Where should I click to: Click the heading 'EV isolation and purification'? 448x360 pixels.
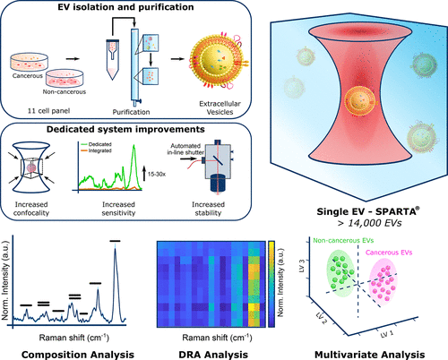pos(125,7)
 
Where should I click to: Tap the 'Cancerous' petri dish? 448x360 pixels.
pos(29,63)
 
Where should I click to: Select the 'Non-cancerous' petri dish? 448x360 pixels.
pos(65,78)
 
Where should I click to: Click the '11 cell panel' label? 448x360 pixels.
pos(48,111)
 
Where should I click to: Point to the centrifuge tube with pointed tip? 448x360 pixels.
pos(113,60)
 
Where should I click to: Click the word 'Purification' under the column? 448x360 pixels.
pos(131,112)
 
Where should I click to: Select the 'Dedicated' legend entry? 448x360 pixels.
pos(96,144)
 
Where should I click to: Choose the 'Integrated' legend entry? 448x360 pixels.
pos(96,150)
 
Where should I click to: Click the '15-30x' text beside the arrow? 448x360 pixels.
pos(157,174)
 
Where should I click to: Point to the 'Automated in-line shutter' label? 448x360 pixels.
pos(185,149)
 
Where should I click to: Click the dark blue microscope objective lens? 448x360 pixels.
pos(219,183)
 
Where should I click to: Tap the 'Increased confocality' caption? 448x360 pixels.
pos(31,209)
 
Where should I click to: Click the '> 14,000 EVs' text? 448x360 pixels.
pos(369,223)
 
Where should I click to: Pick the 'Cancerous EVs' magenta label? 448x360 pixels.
pos(389,253)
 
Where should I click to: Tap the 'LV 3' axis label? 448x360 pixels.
pos(302,266)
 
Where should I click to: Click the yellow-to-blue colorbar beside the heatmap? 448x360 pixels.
pos(271,284)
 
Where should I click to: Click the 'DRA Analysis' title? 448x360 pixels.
pos(213,355)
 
